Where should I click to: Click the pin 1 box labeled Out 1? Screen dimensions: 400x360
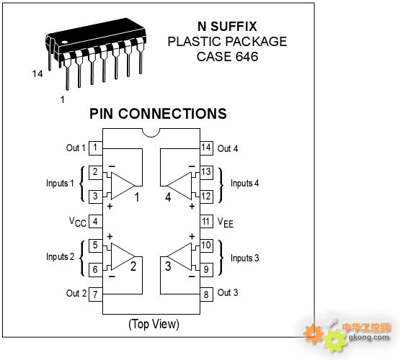(95, 148)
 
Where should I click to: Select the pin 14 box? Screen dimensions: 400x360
(206, 148)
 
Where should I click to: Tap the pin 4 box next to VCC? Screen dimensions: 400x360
(95, 221)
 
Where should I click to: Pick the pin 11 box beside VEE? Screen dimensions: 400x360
(206, 221)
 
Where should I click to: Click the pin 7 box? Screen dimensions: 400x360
(95, 294)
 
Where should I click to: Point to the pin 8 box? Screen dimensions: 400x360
(206, 294)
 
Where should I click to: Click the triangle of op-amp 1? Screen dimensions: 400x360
(123, 186)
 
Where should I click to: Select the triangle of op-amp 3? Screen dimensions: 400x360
(179, 256)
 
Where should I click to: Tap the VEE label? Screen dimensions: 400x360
(226, 222)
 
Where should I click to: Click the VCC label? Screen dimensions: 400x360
(78, 222)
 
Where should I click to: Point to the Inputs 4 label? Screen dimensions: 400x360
(244, 184)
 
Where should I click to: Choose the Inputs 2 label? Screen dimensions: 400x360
(61, 257)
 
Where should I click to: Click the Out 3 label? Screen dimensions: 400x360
(228, 292)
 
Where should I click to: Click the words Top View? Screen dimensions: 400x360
(154, 324)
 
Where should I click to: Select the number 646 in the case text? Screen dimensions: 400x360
(246, 57)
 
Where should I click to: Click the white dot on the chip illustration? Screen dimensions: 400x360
(65, 42)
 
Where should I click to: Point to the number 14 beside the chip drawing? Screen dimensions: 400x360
(37, 73)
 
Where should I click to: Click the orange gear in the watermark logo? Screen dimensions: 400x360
(313, 333)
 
